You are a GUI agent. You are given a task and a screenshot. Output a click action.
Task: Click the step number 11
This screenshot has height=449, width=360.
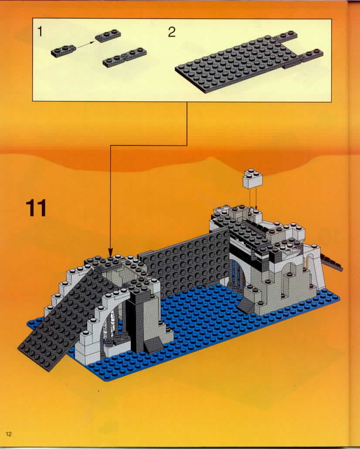[x=36, y=208]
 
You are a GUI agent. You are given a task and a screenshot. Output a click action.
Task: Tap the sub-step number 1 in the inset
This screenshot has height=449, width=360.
[x=40, y=31]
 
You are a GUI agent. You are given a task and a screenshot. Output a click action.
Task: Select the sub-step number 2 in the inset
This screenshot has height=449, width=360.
[x=171, y=32]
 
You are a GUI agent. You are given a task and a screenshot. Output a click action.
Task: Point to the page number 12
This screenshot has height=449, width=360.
[x=9, y=434]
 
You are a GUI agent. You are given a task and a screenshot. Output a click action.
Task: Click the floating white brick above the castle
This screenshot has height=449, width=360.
[x=253, y=179]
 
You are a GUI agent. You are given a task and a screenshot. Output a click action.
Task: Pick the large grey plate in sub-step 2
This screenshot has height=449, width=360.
[x=249, y=61]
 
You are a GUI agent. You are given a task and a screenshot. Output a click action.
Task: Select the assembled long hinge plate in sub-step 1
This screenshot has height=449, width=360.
[x=125, y=57]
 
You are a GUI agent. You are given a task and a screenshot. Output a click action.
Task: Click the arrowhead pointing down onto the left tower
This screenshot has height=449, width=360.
[x=110, y=252]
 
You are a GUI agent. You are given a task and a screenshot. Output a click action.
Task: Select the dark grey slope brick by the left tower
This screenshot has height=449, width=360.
[x=153, y=344]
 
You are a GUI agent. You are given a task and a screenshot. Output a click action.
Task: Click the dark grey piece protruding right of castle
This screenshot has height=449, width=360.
[x=333, y=261]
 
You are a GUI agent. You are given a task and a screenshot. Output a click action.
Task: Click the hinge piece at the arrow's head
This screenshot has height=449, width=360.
[x=108, y=36]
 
